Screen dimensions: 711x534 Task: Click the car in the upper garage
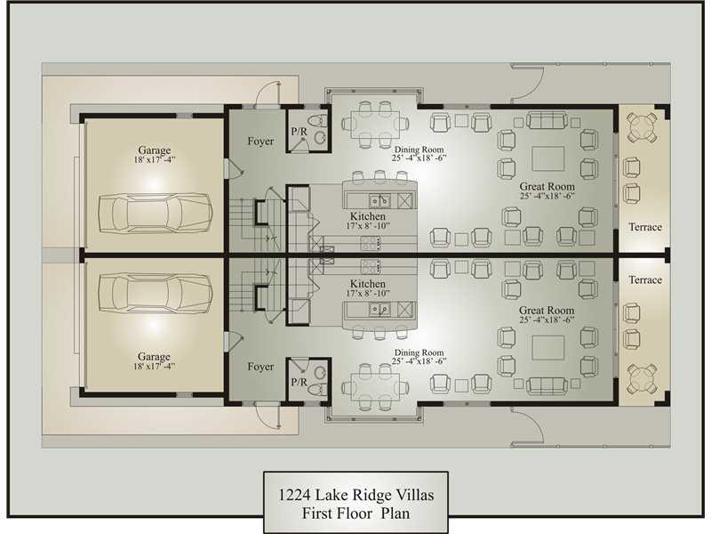pyautogui.click(x=156, y=214)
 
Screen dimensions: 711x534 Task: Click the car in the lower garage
pyautogui.click(x=156, y=294)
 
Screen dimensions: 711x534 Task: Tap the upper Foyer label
pyautogui.click(x=260, y=142)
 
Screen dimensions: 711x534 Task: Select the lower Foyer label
pyautogui.click(x=260, y=367)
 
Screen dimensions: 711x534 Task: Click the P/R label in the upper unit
pyautogui.click(x=299, y=132)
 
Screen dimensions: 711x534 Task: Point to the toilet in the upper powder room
pyautogui.click(x=317, y=121)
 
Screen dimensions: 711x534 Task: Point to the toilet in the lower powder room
pyautogui.click(x=317, y=389)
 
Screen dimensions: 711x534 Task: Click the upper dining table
pyautogui.click(x=376, y=123)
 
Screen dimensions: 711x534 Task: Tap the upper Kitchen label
pyautogui.click(x=368, y=216)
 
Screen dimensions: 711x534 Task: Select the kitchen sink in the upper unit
pyautogui.click(x=379, y=200)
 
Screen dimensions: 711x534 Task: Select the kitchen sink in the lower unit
pyautogui.click(x=379, y=309)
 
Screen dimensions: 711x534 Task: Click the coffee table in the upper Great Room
pyautogui.click(x=548, y=158)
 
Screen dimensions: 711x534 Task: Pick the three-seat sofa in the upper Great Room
pyautogui.click(x=547, y=121)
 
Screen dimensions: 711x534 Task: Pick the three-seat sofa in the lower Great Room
pyautogui.click(x=547, y=385)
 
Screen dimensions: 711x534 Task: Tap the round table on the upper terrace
pyautogui.click(x=642, y=127)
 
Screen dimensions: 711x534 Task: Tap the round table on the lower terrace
pyautogui.click(x=642, y=379)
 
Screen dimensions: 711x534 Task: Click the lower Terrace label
pyautogui.click(x=645, y=280)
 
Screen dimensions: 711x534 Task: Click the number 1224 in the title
pyautogui.click(x=294, y=495)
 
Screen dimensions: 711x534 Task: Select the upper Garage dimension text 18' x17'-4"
pyautogui.click(x=154, y=160)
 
